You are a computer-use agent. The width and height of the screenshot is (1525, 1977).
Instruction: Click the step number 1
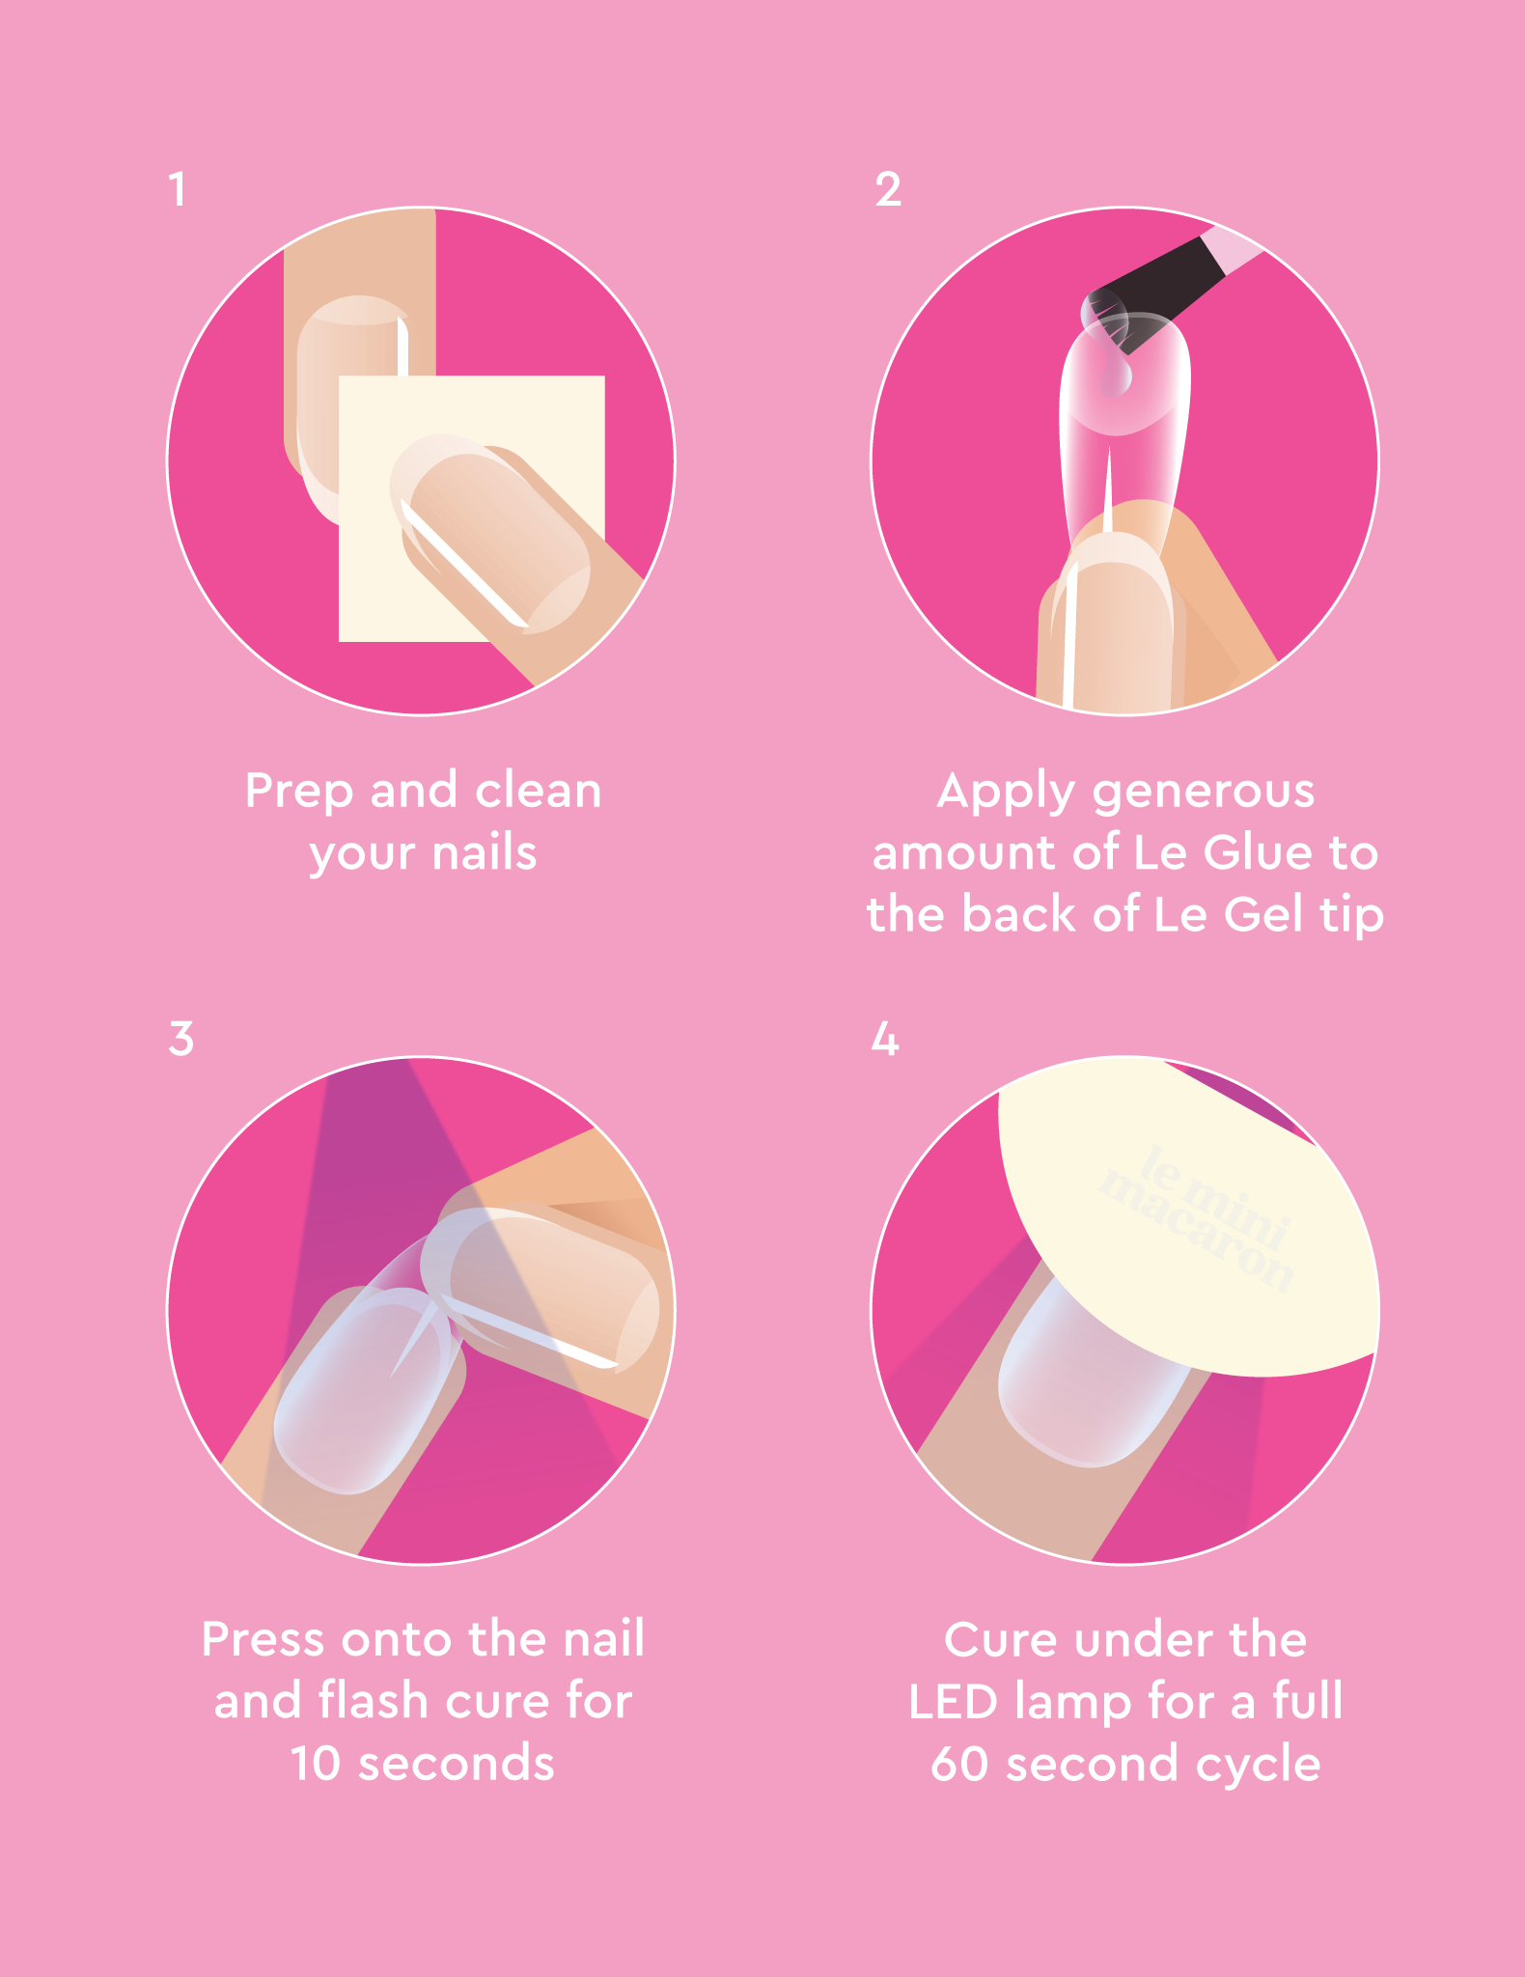point(177,189)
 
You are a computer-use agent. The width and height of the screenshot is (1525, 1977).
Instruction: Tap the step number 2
point(888,189)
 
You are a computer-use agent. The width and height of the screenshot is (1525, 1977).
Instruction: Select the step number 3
point(180,1040)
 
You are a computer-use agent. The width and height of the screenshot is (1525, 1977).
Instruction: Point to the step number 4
point(885,1040)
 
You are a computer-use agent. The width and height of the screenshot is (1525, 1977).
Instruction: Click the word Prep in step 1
point(298,793)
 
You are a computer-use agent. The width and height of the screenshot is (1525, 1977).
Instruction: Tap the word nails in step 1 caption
point(484,853)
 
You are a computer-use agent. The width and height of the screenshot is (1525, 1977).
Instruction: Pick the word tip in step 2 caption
point(1351,915)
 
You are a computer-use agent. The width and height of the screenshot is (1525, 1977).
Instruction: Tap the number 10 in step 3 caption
point(315,1764)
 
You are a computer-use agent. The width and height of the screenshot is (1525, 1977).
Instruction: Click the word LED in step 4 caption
point(952,1702)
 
